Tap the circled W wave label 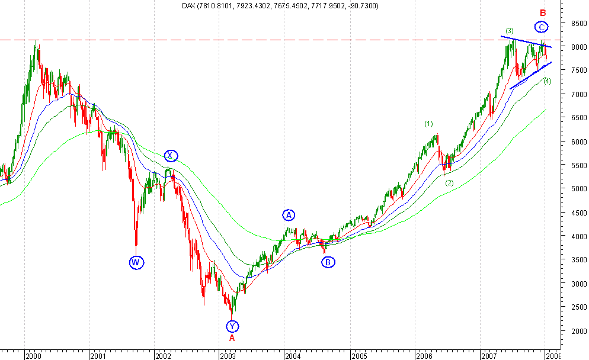[x=136, y=262]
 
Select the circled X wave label [x=171, y=156]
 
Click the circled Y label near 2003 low [x=232, y=326]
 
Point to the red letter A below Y [x=232, y=338]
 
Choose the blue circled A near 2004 [x=289, y=214]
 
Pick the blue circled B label [x=329, y=262]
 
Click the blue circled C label [x=541, y=27]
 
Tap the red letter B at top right [x=542, y=12]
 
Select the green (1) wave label [x=429, y=124]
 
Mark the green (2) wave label [x=449, y=183]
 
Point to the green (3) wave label [x=510, y=30]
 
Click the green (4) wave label [x=547, y=81]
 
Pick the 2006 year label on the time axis [x=424, y=356]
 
